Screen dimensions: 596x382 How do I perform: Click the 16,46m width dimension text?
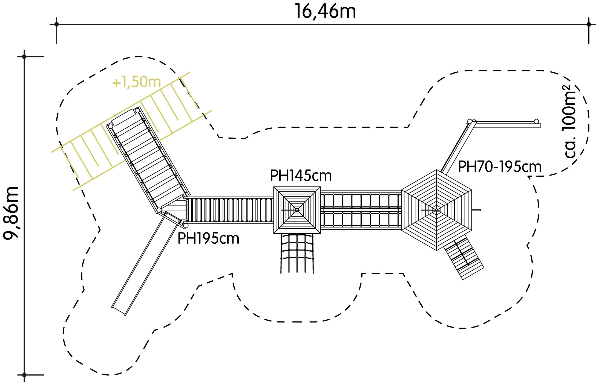(325, 12)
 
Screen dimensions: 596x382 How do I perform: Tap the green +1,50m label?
(136, 82)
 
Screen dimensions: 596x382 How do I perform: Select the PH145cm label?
(301, 176)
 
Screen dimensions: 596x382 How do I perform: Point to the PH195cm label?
(208, 238)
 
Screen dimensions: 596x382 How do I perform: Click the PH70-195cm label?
(500, 167)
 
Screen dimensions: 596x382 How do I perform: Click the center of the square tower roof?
(297, 210)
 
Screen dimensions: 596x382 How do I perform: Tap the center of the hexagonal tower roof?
(436, 210)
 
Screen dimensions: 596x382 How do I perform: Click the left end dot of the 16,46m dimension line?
(57, 24)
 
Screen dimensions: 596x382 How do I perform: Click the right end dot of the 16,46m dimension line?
(589, 24)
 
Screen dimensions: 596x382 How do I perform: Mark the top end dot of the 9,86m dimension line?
(24, 57)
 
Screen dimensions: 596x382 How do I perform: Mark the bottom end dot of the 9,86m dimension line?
(24, 375)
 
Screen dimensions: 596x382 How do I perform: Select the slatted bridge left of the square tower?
(229, 210)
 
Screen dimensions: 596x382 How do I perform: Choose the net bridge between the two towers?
(361, 210)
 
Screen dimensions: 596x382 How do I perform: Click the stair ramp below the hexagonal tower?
(464, 257)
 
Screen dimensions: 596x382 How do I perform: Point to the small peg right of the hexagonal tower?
(476, 210)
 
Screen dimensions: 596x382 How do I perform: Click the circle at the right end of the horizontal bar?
(536, 121)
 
